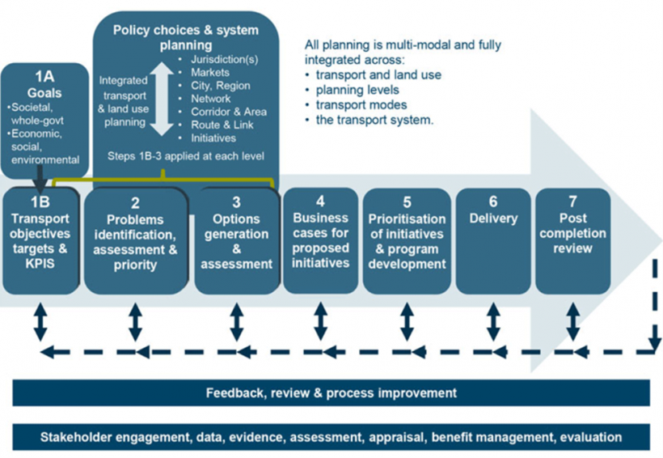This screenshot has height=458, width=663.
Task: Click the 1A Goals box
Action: click(45, 117)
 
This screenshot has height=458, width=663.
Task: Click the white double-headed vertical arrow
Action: click(162, 99)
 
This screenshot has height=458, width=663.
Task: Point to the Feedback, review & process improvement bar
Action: click(331, 393)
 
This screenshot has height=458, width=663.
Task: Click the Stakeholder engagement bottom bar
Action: click(331, 437)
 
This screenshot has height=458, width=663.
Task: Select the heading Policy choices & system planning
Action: click(186, 37)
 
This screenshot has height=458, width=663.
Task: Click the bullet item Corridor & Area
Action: click(228, 112)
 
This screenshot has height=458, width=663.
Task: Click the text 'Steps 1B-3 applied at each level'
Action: click(186, 154)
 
